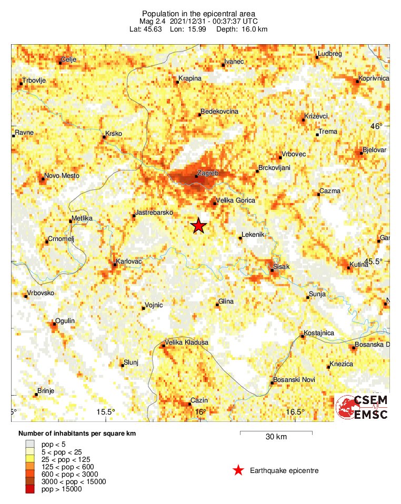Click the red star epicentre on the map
198,226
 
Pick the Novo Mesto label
62,175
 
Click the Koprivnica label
373,78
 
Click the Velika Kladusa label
187,342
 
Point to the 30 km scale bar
276,432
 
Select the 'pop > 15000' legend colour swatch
31,489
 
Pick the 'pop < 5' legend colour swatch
31,445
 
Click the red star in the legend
238,470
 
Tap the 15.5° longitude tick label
106,412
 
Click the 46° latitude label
376,126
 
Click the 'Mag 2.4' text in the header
150,21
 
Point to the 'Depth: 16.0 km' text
245,29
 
